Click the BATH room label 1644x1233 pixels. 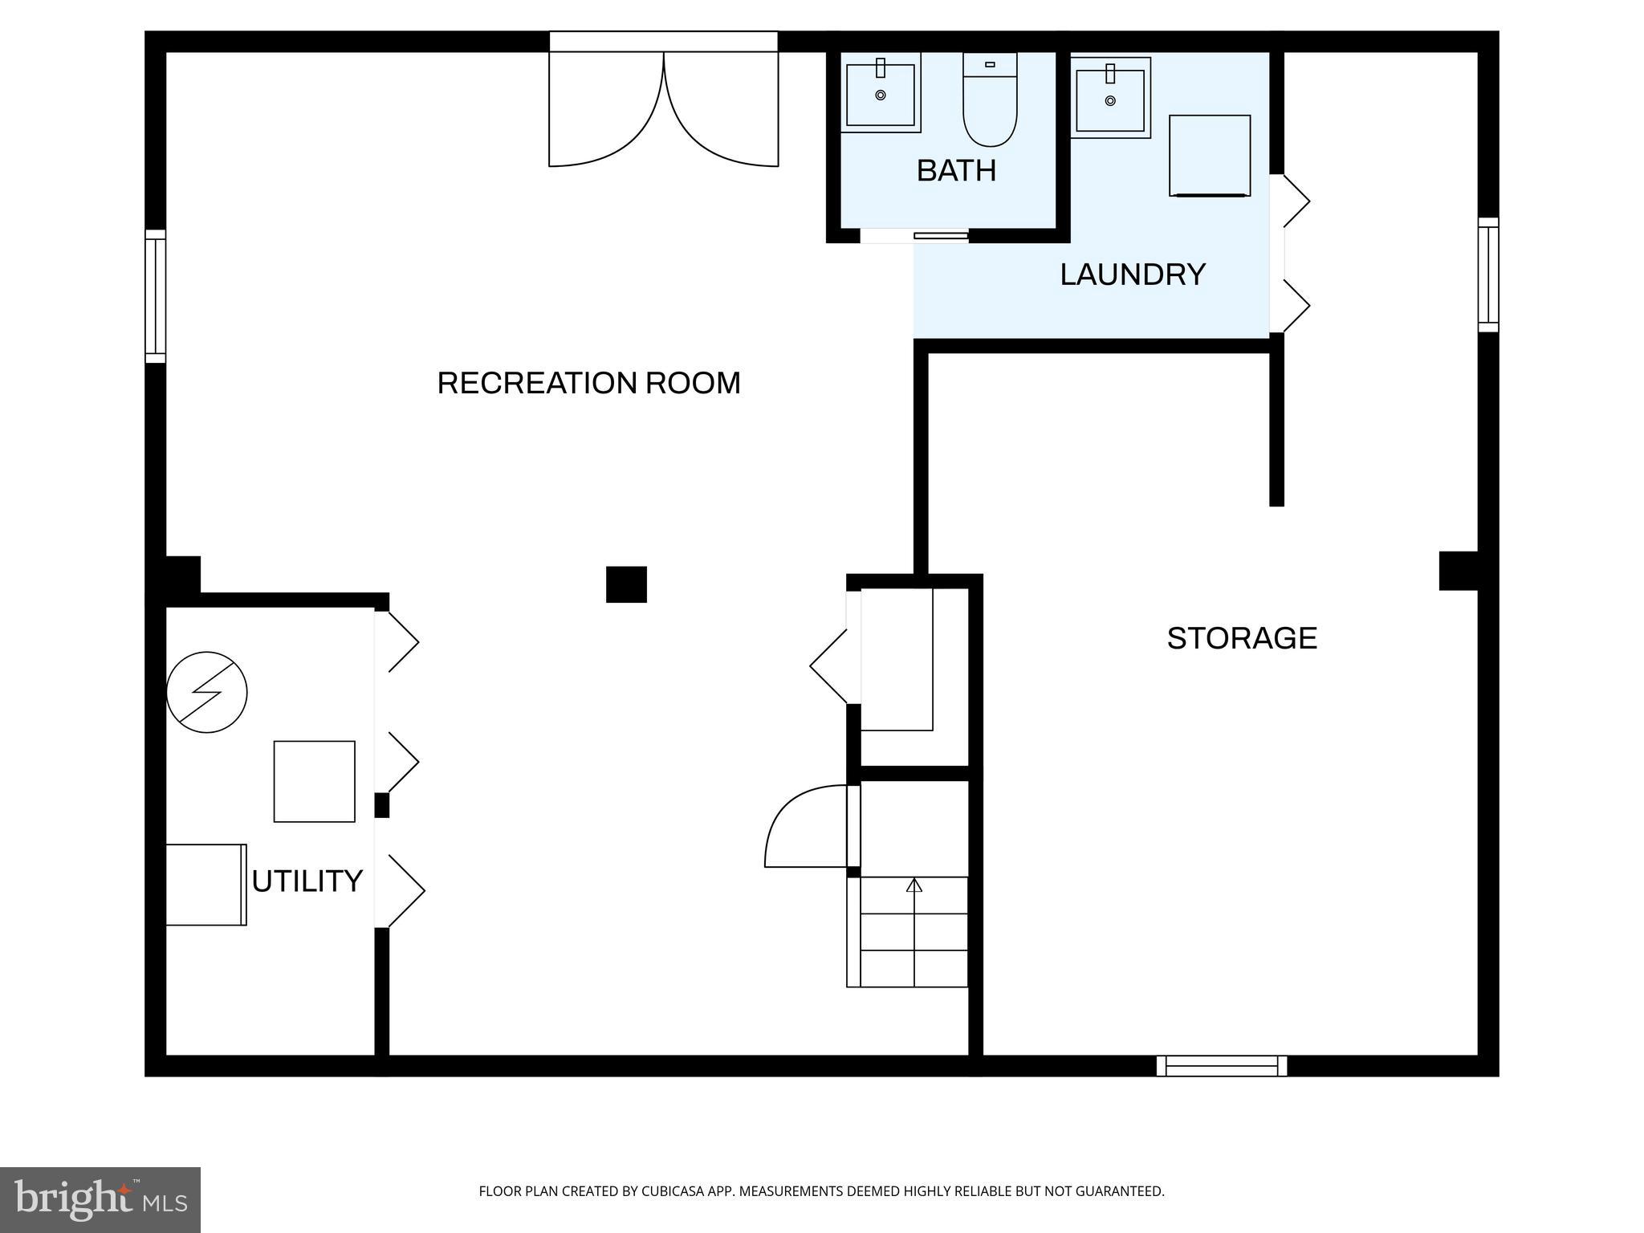956,171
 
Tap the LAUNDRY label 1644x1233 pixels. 1132,275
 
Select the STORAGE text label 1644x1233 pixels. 1241,638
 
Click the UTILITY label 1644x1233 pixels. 307,881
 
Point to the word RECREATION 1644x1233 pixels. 528,383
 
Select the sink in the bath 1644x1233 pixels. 881,94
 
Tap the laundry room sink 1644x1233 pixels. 1110,99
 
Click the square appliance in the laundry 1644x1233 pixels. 1210,156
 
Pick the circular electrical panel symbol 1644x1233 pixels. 207,692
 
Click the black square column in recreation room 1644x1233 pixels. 626,584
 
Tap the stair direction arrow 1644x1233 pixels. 914,885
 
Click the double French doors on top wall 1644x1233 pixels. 663,108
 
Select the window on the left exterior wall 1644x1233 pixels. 155,296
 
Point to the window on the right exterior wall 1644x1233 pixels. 1488,275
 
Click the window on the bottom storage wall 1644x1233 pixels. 1221,1066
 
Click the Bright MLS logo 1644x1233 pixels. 100,1200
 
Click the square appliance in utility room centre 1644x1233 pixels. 314,781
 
